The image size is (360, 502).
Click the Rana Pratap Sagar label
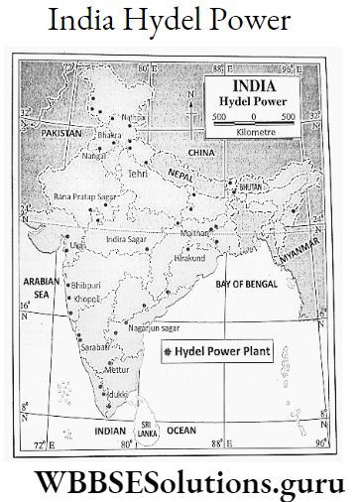point(85,195)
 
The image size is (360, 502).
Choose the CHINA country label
point(201,153)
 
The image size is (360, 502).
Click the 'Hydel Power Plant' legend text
point(221,351)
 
